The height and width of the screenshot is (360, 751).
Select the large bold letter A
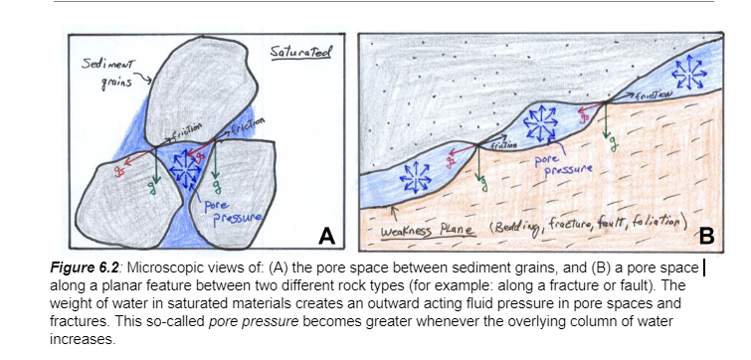325,235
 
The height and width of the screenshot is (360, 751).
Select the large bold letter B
708,236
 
